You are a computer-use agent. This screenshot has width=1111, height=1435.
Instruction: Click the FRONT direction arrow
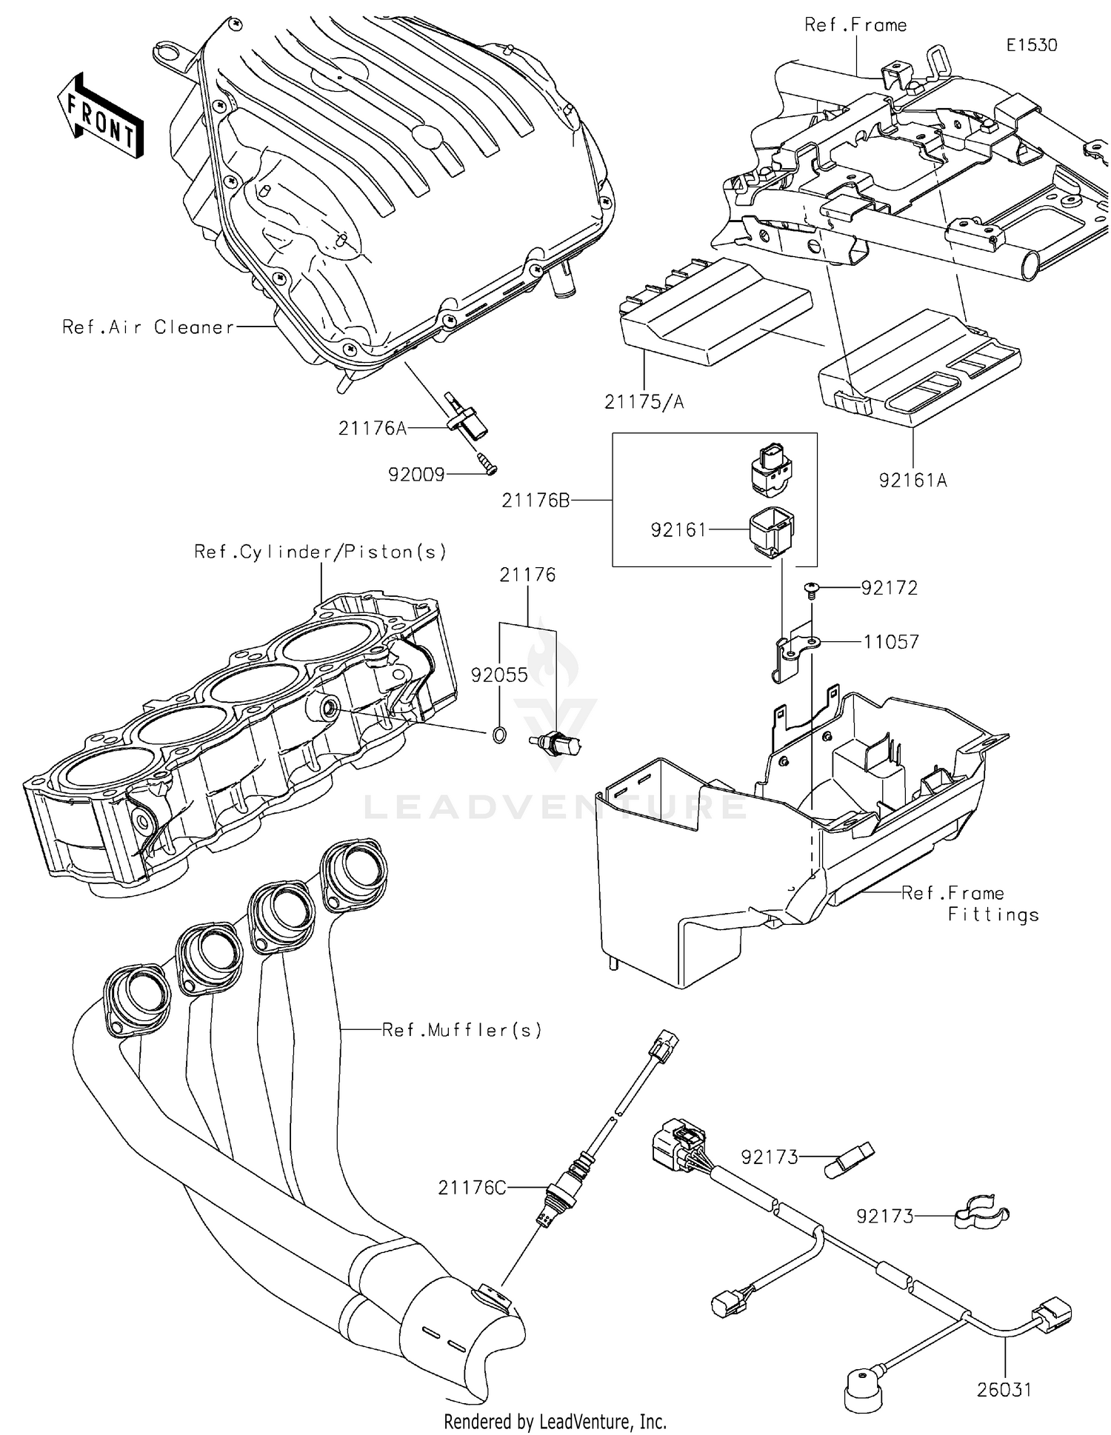[x=101, y=117]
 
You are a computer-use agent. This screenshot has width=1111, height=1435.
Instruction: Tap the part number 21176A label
[x=372, y=428]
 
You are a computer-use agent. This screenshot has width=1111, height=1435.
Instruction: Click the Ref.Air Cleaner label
[x=148, y=327]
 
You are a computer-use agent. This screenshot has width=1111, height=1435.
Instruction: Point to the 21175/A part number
[x=644, y=402]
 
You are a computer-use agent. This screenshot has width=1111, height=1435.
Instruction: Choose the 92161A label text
[x=913, y=480]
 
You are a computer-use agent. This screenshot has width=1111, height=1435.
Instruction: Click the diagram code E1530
[x=1031, y=44]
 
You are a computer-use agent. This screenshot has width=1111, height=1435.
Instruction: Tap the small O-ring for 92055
[x=500, y=735]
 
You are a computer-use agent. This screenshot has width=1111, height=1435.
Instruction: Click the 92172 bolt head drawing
[x=812, y=589]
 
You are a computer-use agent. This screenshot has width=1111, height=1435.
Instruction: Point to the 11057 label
[x=891, y=641]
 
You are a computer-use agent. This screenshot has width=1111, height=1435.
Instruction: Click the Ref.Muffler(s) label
[x=462, y=1029]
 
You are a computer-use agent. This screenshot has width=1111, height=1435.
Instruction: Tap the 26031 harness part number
[x=1004, y=1389]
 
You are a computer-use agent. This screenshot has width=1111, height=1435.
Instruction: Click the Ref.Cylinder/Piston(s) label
[x=320, y=552]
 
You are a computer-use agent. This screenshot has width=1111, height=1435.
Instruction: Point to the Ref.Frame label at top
[x=855, y=25]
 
